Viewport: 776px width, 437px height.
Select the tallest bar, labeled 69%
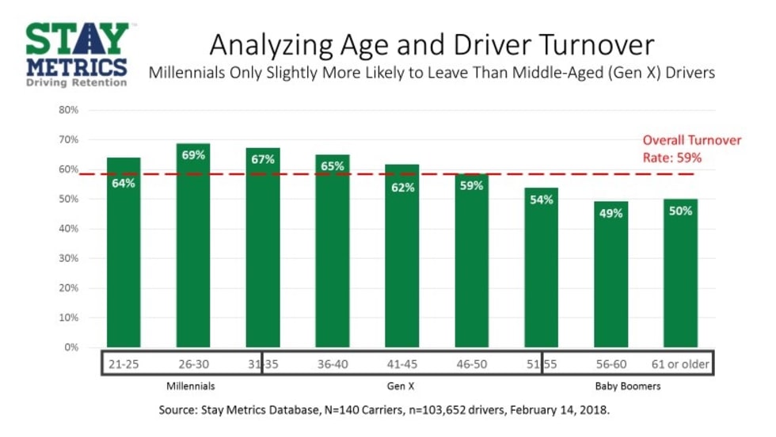(193, 245)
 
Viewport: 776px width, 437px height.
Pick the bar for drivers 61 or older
(680, 272)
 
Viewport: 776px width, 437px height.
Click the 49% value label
(611, 215)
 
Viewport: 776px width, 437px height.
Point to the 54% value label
(542, 201)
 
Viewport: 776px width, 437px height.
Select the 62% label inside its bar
(402, 188)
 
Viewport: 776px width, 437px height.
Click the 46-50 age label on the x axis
(471, 365)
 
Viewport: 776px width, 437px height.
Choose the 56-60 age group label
(611, 365)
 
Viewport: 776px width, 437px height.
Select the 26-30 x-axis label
(192, 365)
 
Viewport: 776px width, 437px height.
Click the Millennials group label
(192, 386)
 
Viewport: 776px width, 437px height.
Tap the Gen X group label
(401, 386)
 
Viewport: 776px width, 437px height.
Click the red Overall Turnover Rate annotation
(691, 149)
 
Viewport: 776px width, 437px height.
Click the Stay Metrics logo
(76, 54)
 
